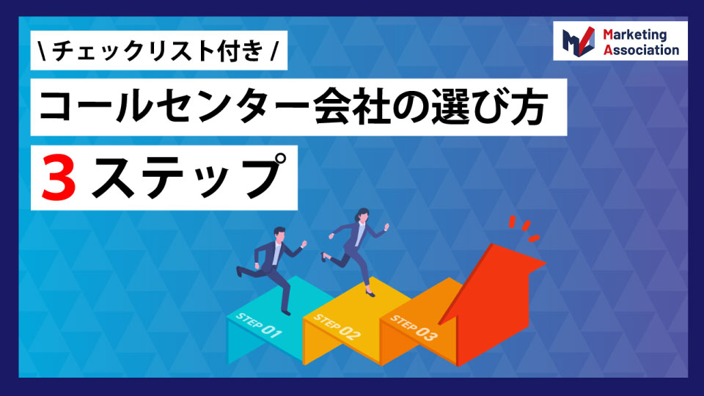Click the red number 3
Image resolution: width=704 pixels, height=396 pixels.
click(59, 178)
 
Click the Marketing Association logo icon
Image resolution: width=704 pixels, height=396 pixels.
click(579, 41)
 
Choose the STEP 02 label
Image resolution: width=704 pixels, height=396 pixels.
click(337, 327)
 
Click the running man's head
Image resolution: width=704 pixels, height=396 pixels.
click(279, 235)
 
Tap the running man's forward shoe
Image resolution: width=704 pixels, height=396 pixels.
click(286, 312)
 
